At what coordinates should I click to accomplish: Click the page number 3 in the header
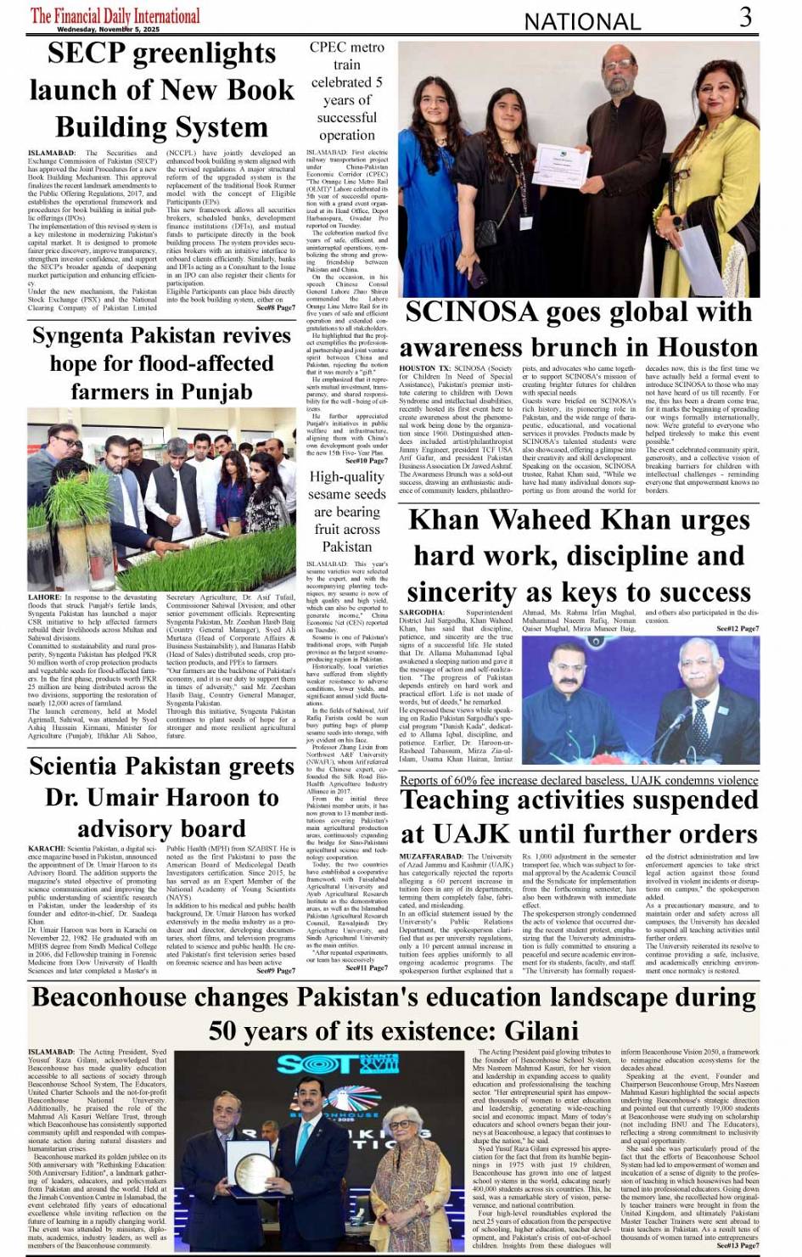click(x=745, y=17)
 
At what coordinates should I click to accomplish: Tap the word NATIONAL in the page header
click(x=582, y=21)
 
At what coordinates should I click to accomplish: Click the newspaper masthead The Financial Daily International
click(x=115, y=16)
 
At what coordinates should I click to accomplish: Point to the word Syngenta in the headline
click(x=85, y=336)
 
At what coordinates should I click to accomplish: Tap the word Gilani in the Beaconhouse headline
click(x=541, y=1030)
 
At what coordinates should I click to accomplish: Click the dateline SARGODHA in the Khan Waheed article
click(x=421, y=612)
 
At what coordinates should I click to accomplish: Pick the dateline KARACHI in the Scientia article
click(x=46, y=849)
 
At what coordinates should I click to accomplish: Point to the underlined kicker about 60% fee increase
click(x=579, y=781)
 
